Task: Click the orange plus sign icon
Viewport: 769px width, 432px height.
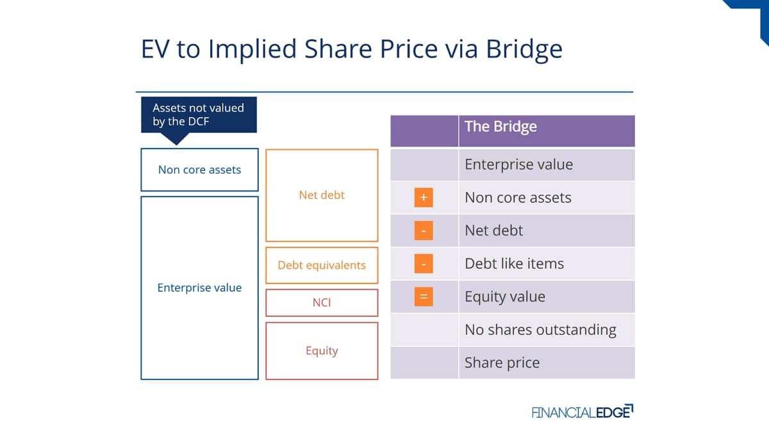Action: point(424,198)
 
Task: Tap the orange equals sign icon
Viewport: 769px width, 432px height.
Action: point(424,296)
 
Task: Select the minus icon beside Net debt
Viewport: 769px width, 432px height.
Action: point(424,230)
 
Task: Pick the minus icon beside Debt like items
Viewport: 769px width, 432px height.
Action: point(424,264)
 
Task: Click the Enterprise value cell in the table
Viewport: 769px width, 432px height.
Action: point(547,164)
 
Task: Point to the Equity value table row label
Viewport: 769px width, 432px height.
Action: point(505,296)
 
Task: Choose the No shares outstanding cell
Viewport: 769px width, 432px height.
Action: point(547,330)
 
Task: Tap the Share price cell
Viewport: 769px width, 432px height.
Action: point(547,363)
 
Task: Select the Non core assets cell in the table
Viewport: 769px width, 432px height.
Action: point(547,198)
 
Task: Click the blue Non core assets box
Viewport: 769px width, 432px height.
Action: point(199,170)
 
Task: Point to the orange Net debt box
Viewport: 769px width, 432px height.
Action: point(322,195)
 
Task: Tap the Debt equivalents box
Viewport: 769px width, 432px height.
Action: point(322,266)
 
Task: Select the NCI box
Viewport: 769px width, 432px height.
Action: point(322,303)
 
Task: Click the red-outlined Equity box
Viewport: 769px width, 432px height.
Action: point(322,351)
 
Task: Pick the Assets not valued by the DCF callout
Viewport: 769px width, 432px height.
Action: point(199,115)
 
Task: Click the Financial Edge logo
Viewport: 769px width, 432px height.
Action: point(583,412)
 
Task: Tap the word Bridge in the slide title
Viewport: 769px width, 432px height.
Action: point(524,49)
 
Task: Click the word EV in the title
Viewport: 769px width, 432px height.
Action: point(155,49)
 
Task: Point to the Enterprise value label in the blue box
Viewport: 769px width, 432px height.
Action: point(199,287)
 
